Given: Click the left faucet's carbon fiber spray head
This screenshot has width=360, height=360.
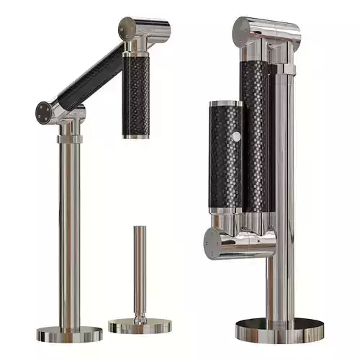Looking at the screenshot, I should click(138, 94).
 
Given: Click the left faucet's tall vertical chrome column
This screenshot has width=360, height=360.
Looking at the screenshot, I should click(71, 230).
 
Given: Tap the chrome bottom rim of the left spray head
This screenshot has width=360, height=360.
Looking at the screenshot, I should click(136, 134).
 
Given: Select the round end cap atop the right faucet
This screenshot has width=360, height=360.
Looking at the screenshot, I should click(241, 29).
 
